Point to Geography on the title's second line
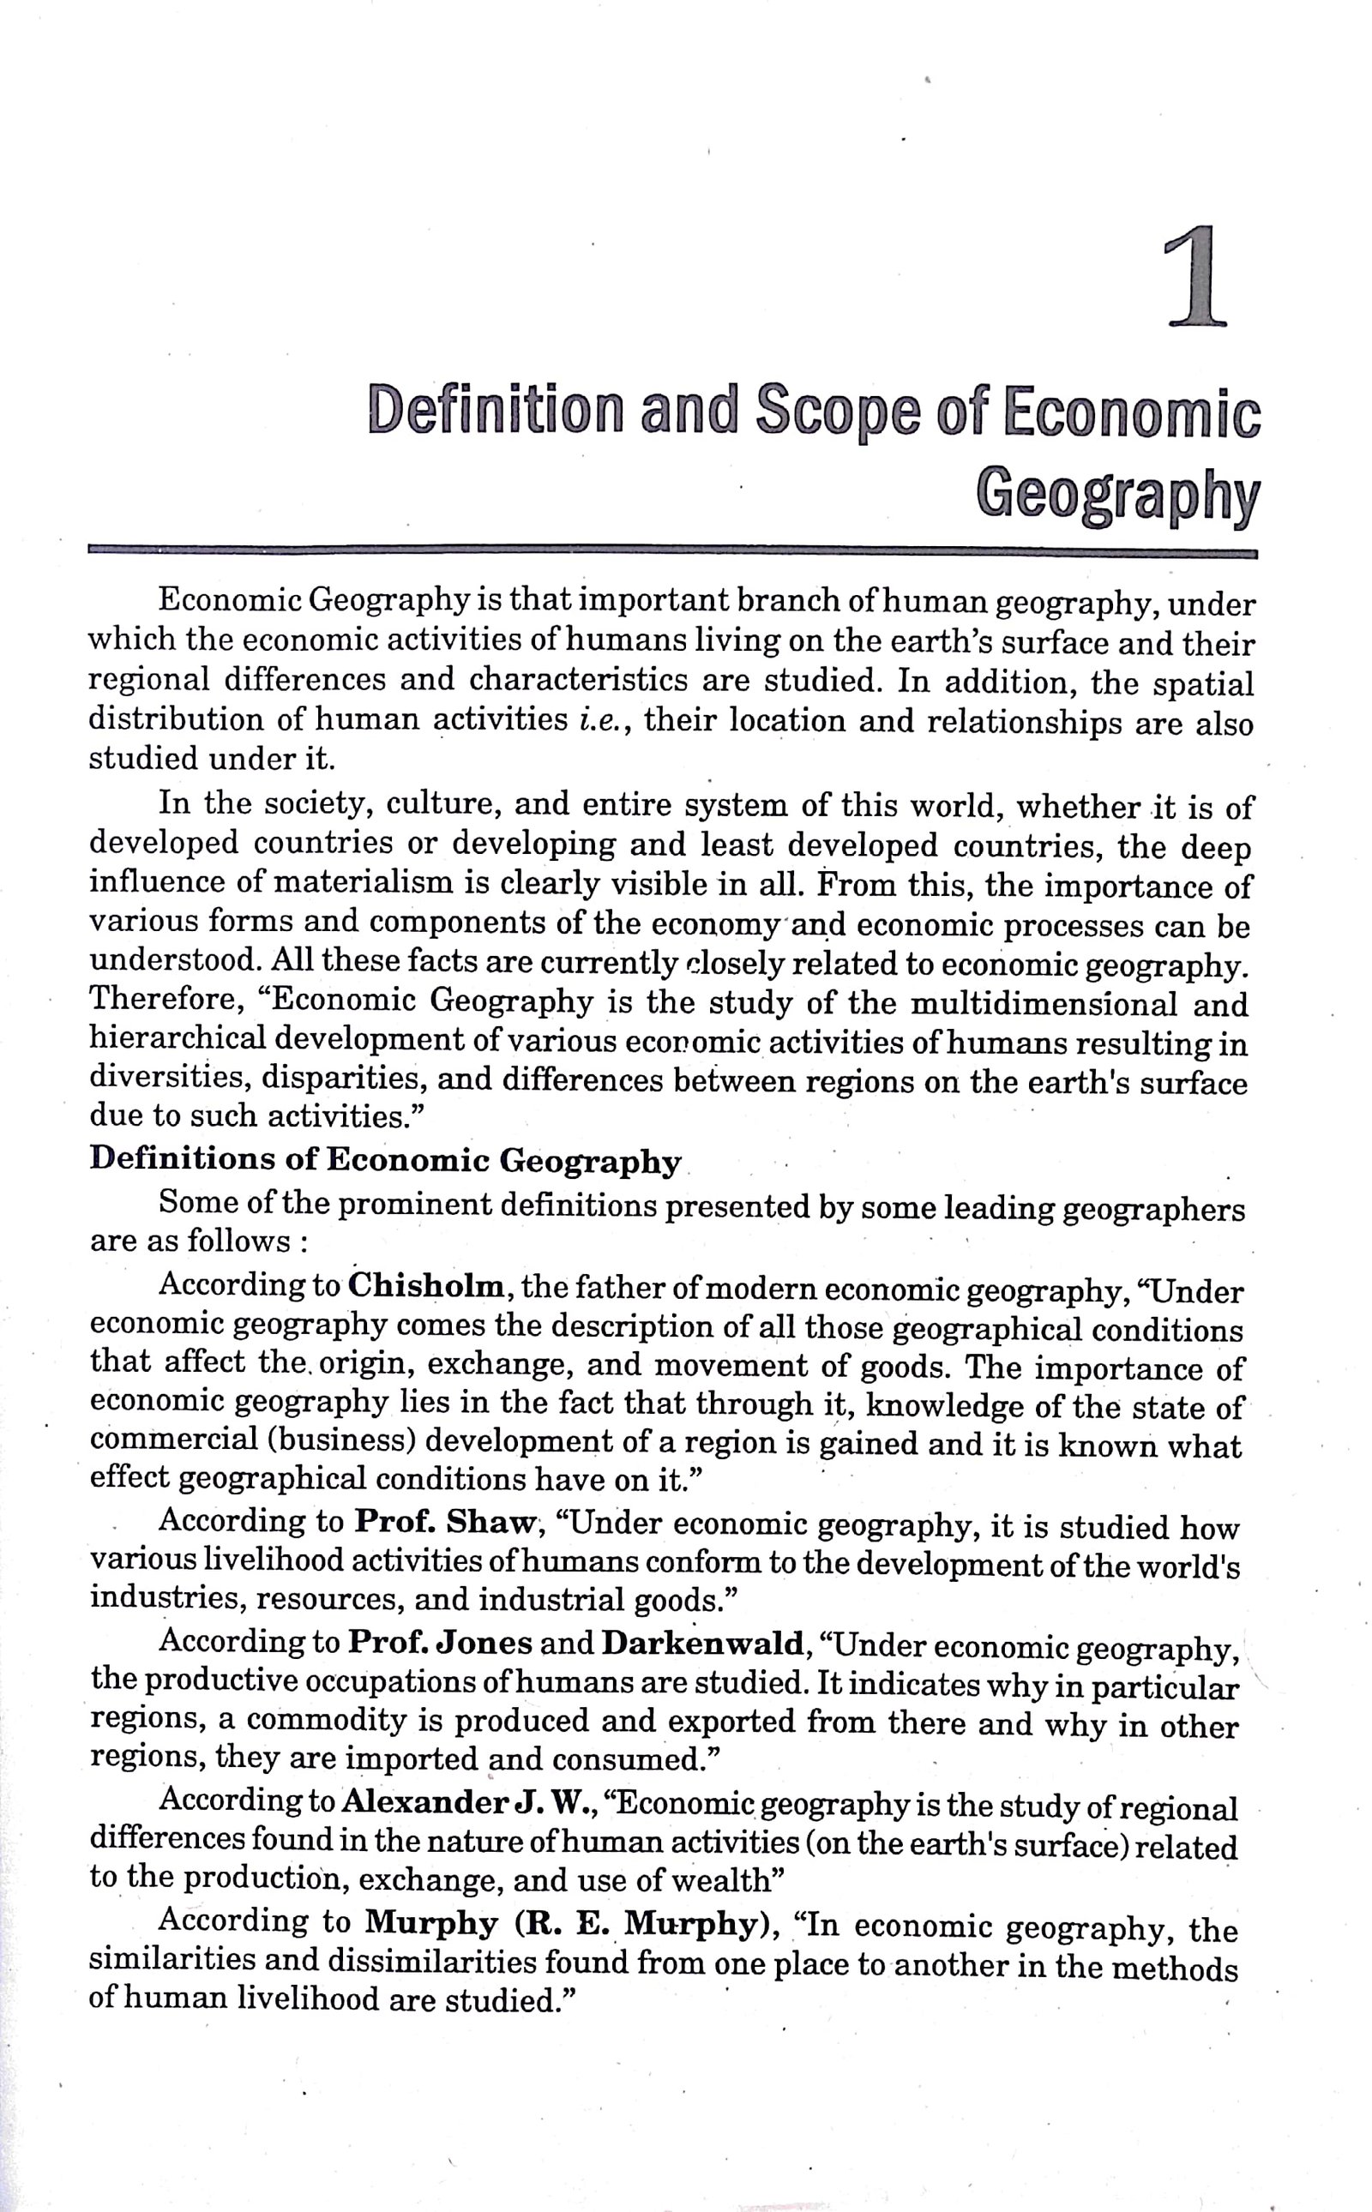1118,496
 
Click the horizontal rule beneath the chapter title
671,550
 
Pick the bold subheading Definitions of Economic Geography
385,1160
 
